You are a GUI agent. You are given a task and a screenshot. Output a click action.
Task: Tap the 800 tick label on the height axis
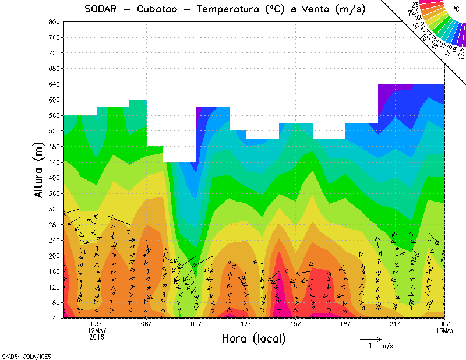pyautogui.click(x=54, y=22)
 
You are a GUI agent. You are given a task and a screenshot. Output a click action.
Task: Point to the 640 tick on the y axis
pyautogui.click(x=54, y=84)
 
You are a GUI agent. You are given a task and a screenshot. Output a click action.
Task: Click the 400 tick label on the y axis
pyautogui.click(x=54, y=178)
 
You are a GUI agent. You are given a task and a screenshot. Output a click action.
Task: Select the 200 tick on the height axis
pyautogui.click(x=54, y=256)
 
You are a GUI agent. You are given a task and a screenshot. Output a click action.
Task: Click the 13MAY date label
pyautogui.click(x=445, y=331)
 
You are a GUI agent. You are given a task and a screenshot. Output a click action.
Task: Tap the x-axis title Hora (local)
pyautogui.click(x=253, y=338)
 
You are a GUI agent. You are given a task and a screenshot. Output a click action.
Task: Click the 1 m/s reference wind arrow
pyautogui.click(x=370, y=338)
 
